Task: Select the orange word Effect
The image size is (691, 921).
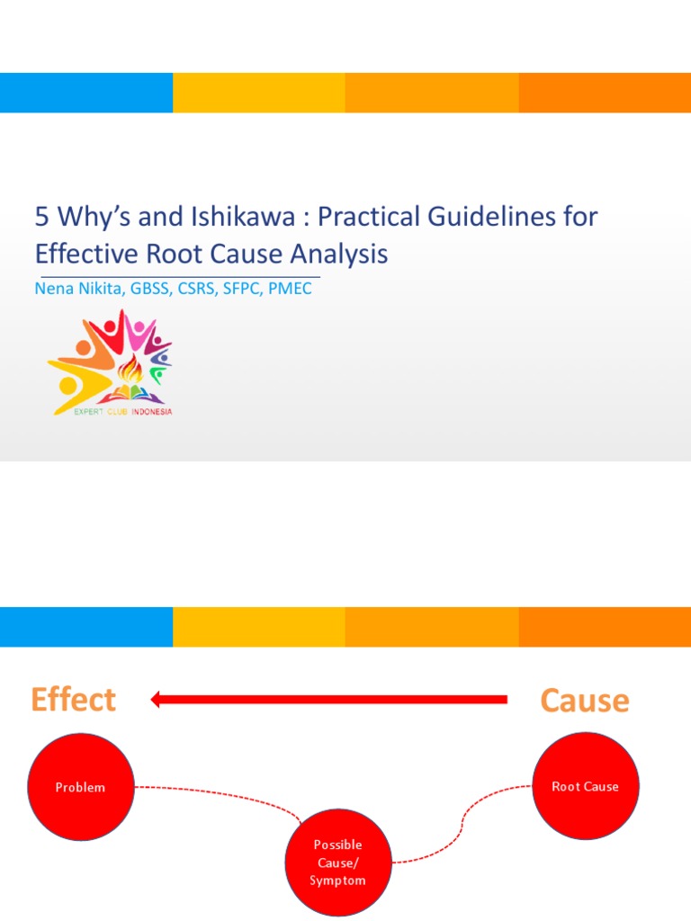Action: pyautogui.click(x=73, y=700)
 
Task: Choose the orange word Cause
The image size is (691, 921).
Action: pyautogui.click(x=584, y=701)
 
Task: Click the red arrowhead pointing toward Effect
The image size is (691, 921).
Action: pyautogui.click(x=157, y=699)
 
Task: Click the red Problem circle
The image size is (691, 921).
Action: pyautogui.click(x=81, y=787)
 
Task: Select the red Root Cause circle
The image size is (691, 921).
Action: pyautogui.click(x=586, y=786)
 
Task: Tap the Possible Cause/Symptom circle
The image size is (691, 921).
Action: pyautogui.click(x=338, y=863)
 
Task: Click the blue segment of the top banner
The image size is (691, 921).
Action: pyautogui.click(x=86, y=93)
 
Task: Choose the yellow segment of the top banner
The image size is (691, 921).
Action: pyautogui.click(x=259, y=93)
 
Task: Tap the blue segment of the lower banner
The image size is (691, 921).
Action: pyautogui.click(x=86, y=627)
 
